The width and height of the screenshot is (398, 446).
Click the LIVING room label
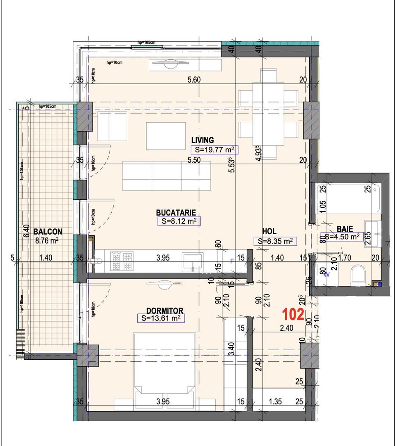(203, 140)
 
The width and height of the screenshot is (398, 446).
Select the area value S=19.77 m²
(214, 150)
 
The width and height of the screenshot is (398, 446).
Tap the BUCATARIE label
(176, 212)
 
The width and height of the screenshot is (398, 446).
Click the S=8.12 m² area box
(179, 221)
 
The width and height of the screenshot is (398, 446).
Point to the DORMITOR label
(164, 311)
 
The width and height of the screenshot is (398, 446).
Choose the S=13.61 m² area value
(161, 318)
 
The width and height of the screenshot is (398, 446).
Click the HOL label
(269, 231)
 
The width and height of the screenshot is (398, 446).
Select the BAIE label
(345, 228)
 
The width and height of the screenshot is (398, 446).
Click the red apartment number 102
(293, 315)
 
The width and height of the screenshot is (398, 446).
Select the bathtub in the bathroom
(348, 198)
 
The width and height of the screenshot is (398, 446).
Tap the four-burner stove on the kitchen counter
(122, 261)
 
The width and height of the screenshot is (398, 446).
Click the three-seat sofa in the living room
(167, 176)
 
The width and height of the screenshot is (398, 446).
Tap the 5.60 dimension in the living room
(194, 80)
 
